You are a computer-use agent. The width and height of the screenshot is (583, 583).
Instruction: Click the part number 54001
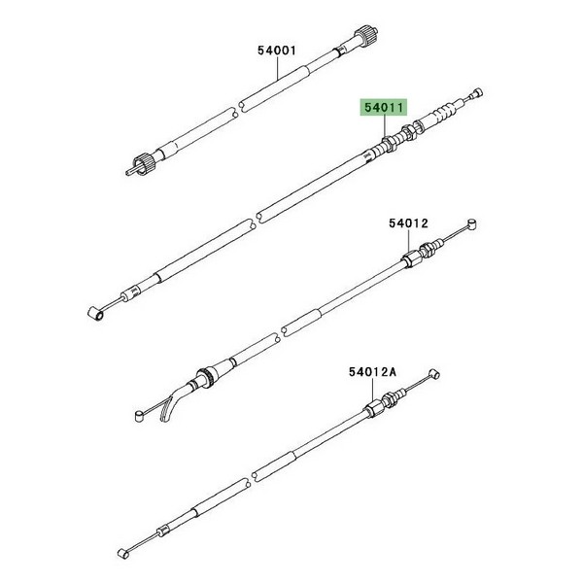(277, 51)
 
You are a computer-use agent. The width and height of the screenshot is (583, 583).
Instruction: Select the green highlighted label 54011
(384, 108)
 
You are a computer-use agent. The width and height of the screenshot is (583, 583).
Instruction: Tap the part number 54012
(409, 223)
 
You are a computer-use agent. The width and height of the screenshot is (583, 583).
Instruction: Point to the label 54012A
(372, 372)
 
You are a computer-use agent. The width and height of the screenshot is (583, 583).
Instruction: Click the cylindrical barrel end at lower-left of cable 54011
(96, 314)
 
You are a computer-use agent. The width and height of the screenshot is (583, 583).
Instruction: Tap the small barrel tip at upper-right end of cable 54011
(477, 92)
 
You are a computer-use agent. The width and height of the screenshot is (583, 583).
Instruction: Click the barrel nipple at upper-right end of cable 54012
(471, 224)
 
